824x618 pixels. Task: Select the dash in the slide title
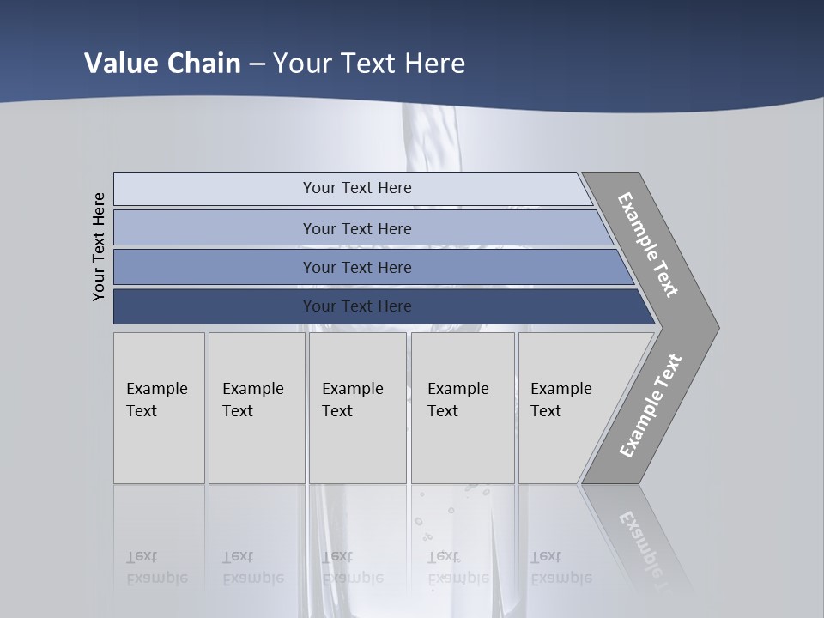pyautogui.click(x=257, y=64)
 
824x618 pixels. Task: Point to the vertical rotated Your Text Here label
pyautogui.click(x=99, y=246)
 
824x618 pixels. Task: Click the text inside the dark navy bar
pyautogui.click(x=357, y=306)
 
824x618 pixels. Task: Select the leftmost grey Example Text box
pyautogui.click(x=159, y=408)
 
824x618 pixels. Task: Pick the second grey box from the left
pyautogui.click(x=257, y=408)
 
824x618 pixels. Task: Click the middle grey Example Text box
pyautogui.click(x=357, y=408)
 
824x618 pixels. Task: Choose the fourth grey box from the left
pyautogui.click(x=463, y=408)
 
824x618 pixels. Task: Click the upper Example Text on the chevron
pyautogui.click(x=648, y=245)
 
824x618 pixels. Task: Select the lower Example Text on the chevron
pyautogui.click(x=650, y=406)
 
